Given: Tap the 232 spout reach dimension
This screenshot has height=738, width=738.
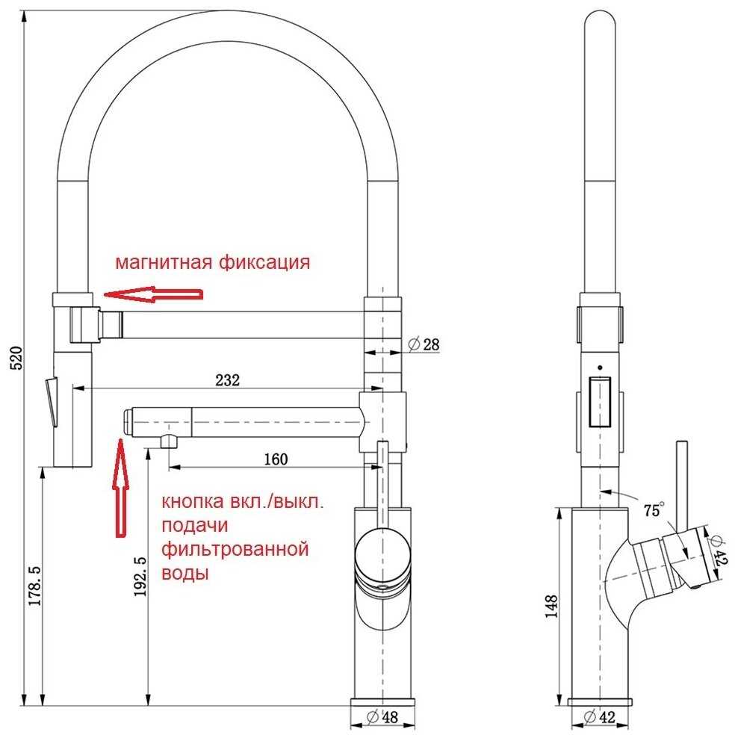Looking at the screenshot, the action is click(228, 379).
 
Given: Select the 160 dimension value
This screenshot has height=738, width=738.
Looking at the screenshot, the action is click(276, 459).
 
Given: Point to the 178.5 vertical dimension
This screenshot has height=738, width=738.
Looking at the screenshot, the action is click(35, 585).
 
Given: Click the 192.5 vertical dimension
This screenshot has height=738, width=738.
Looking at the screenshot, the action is click(140, 577).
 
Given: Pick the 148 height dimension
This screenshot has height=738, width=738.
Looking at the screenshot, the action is click(551, 607).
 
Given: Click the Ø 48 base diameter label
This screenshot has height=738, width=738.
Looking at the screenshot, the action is click(382, 717).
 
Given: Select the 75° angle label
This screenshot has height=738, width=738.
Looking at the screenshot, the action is click(654, 509).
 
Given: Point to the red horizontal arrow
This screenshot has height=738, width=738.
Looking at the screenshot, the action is click(153, 294).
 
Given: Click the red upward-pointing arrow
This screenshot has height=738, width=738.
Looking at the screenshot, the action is click(121, 488).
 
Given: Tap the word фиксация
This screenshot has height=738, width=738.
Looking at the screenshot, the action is click(264, 261).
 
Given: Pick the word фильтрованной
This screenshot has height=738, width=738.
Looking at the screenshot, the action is click(235, 549).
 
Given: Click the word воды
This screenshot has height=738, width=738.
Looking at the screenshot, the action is click(185, 574).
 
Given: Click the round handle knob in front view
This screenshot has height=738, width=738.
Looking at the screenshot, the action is click(382, 550).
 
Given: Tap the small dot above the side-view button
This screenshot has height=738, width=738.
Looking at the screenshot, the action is click(600, 368).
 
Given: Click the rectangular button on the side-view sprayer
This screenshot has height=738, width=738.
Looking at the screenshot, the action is click(600, 401).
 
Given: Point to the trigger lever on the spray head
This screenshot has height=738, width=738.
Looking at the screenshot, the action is click(52, 401).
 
